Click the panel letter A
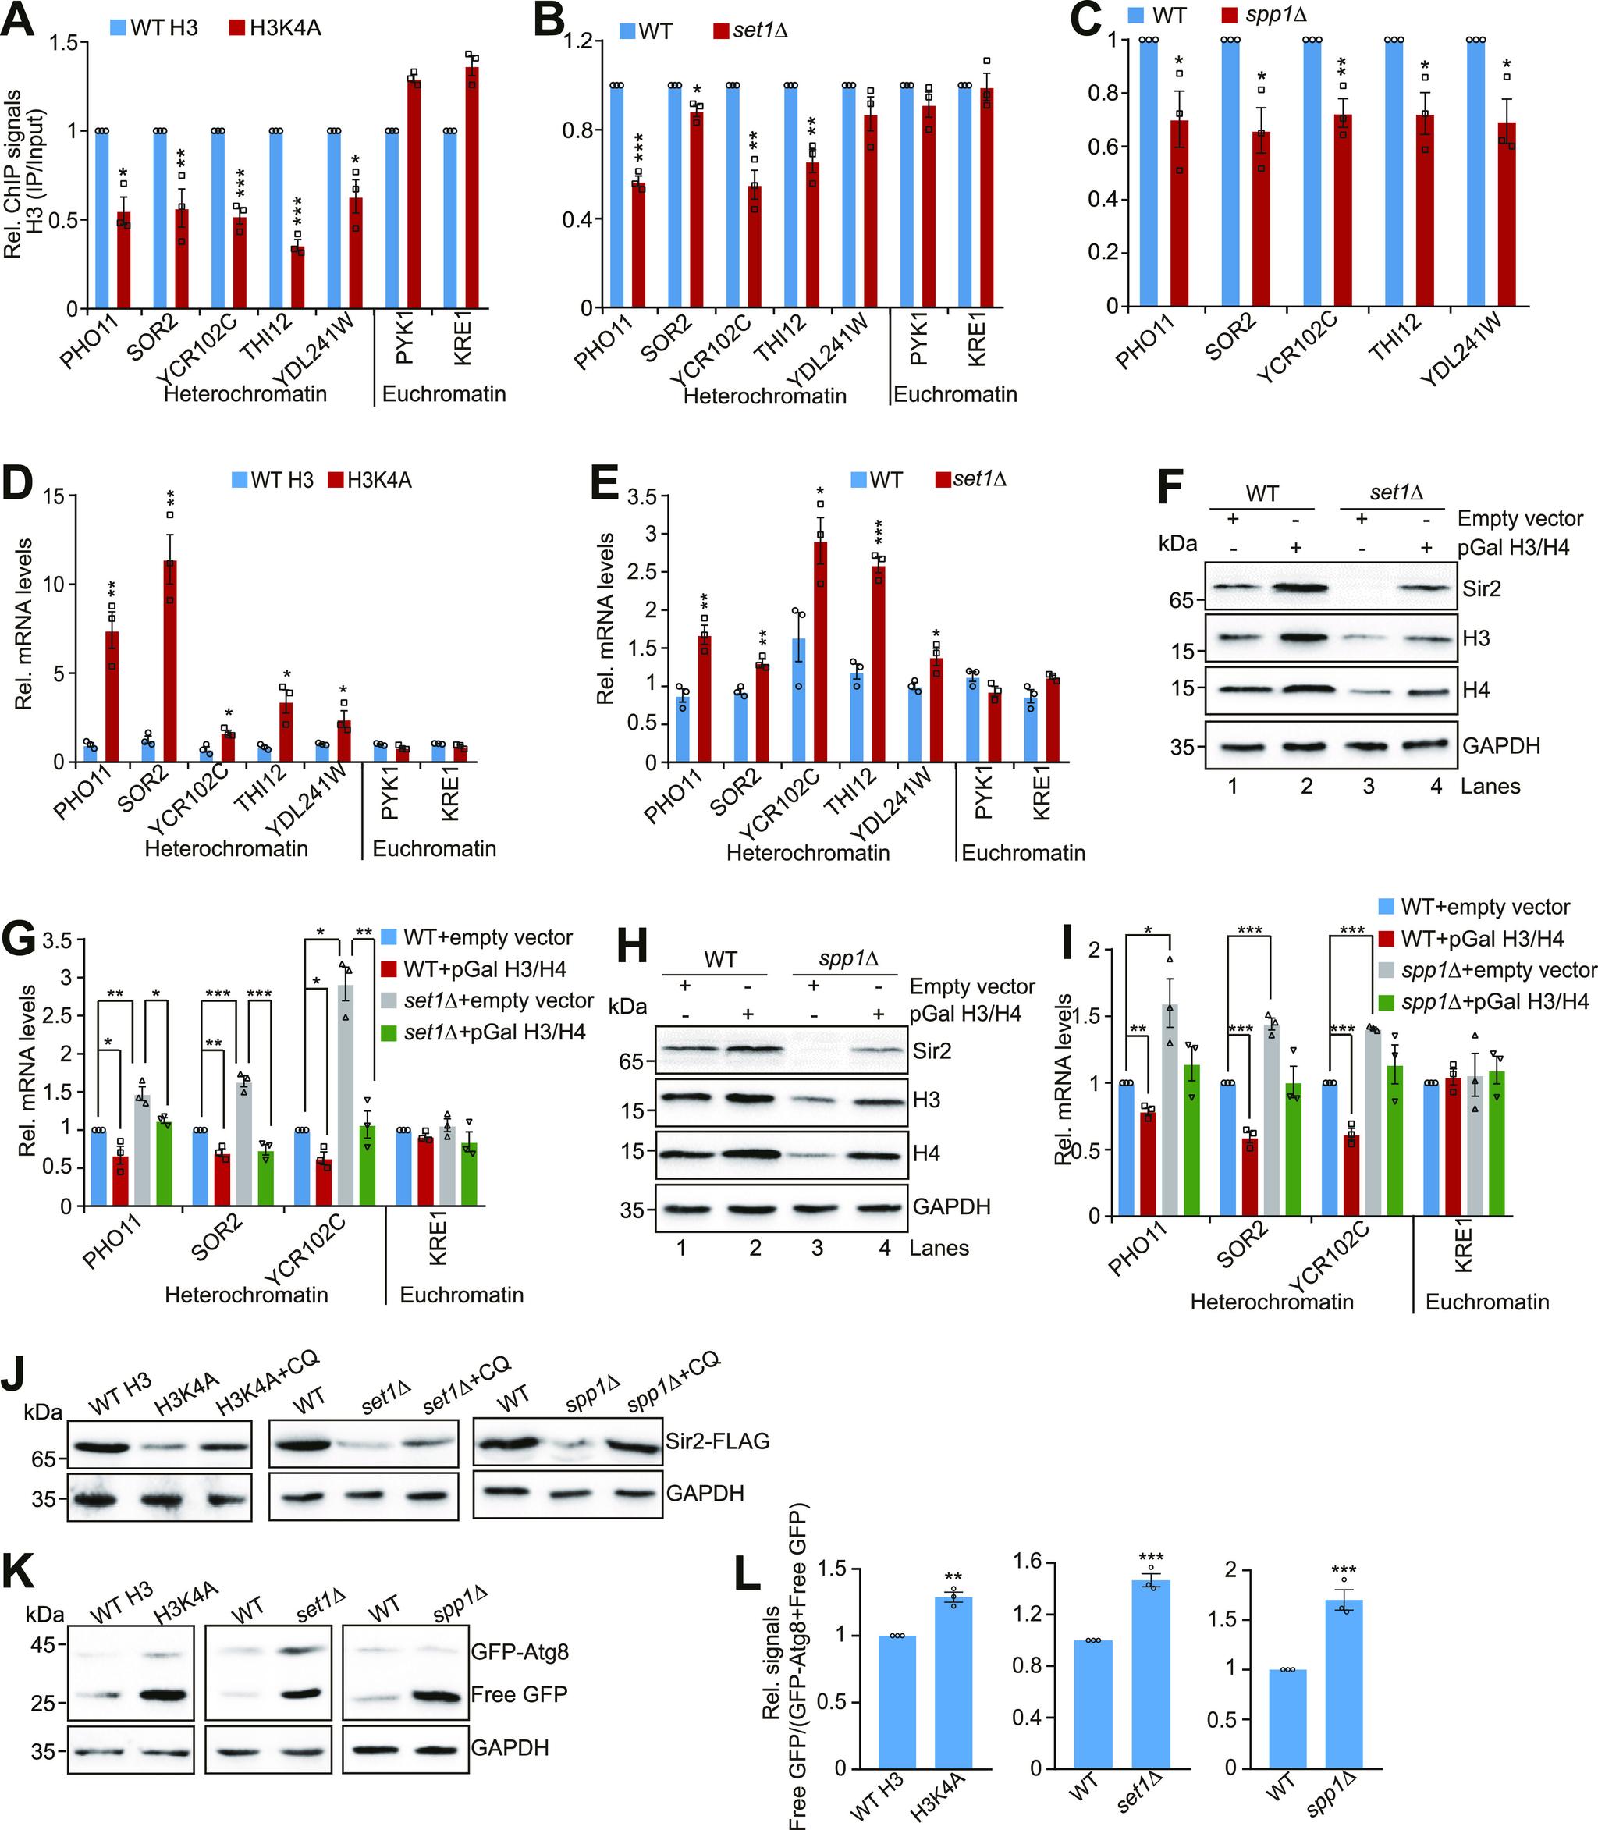pos(20,20)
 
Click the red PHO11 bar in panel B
pos(637,245)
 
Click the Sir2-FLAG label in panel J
pos(717,1441)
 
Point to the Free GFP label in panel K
pos(519,1693)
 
